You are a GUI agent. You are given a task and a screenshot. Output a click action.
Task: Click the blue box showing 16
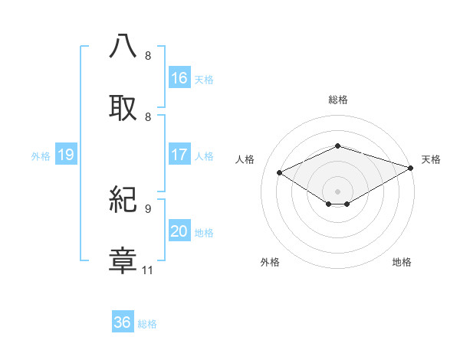(179, 78)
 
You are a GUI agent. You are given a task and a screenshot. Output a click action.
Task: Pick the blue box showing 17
(179, 155)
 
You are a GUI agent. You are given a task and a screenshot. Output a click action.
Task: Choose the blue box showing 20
(179, 231)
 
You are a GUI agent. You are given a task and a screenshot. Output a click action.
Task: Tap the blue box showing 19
(66, 155)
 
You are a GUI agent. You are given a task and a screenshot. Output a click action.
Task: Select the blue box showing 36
(123, 322)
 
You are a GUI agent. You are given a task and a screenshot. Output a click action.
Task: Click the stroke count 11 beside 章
(148, 270)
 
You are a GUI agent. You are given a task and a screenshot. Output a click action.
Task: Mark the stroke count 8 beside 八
(148, 56)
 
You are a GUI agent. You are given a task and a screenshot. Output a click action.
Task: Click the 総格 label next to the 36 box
(147, 323)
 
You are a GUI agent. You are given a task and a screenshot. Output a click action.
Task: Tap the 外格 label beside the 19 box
(41, 155)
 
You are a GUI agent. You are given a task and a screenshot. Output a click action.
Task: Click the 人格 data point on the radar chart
(280, 173)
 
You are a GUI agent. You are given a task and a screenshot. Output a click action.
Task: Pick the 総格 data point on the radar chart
(337, 146)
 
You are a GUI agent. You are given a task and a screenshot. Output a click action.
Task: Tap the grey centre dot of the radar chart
(337, 191)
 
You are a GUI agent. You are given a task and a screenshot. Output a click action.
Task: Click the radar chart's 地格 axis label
(402, 263)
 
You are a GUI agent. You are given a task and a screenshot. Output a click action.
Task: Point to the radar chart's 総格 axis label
(337, 100)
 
